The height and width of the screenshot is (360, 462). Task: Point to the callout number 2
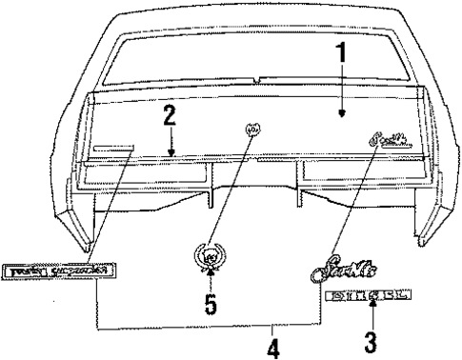(170, 121)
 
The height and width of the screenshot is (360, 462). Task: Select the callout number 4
(273, 349)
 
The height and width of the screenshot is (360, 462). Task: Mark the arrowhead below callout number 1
(340, 116)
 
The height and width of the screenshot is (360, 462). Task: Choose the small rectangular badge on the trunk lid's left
(111, 147)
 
